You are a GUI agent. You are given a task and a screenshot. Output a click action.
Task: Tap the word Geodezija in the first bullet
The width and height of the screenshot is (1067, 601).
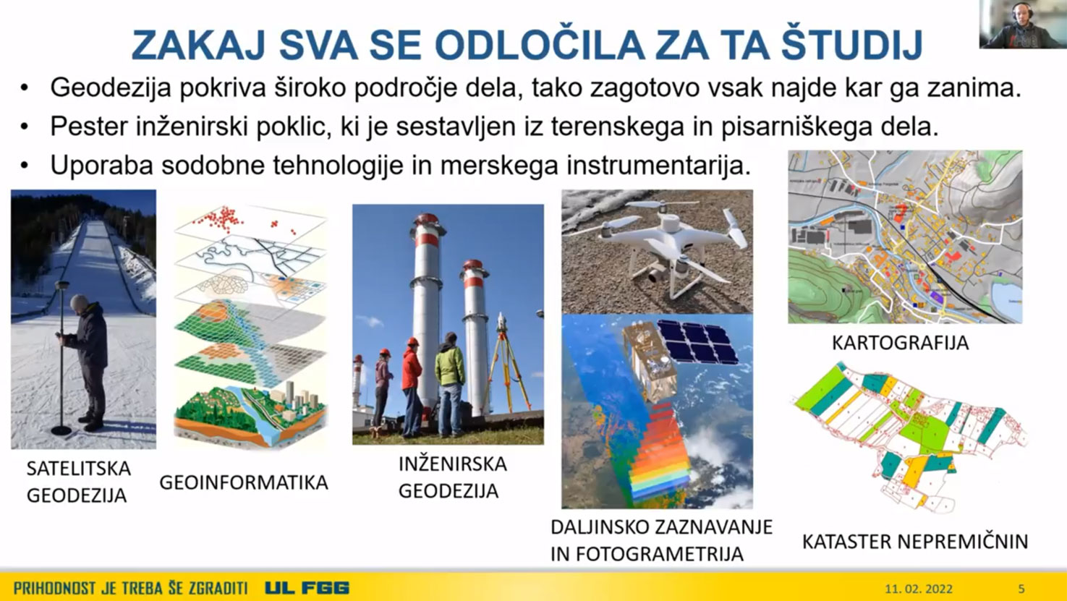[111, 88]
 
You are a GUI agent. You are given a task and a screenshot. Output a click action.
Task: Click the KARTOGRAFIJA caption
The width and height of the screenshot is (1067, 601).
[901, 343]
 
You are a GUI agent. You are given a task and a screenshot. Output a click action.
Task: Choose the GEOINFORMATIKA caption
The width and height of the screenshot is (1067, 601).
[243, 482]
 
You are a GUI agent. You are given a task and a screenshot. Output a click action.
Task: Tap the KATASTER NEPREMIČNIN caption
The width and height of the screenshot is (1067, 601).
[915, 542]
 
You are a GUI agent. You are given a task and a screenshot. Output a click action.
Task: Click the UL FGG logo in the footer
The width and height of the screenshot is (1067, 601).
[307, 588]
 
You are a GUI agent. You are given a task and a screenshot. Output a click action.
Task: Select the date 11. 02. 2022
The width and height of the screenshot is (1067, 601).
[919, 589]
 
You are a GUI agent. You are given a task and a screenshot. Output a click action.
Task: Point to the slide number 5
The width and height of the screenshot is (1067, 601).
[1021, 589]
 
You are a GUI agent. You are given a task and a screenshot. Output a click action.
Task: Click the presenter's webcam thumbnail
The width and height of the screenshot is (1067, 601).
[1023, 24]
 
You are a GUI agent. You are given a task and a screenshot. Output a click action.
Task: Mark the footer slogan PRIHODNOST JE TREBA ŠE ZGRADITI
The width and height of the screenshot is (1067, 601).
[130, 589]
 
